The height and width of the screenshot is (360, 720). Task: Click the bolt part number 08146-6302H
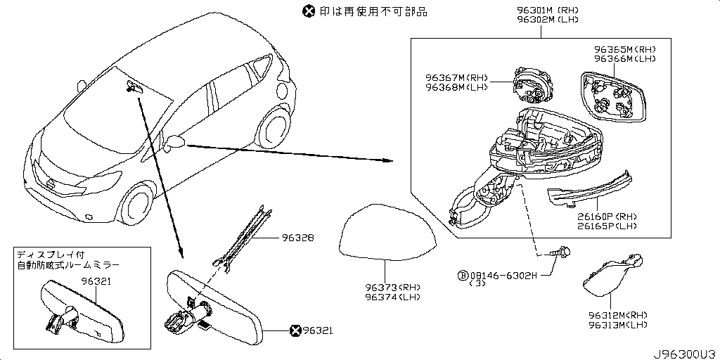(x=503, y=275)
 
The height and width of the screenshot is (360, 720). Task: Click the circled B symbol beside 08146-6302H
(x=463, y=275)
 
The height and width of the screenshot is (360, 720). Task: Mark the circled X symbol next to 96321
(x=295, y=328)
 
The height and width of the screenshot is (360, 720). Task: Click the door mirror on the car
(x=175, y=143)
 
